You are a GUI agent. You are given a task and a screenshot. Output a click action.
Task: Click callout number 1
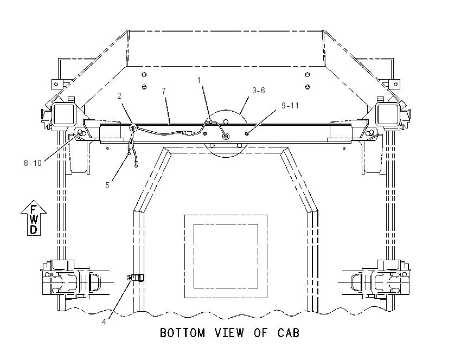coord(199,80)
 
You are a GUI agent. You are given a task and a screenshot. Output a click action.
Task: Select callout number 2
coord(119,96)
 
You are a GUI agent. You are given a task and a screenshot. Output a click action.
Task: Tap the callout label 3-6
coord(258,90)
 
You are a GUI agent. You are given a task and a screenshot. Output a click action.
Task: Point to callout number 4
coord(104,322)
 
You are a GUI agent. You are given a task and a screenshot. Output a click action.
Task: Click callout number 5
coord(107,185)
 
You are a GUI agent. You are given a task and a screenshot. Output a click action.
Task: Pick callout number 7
coord(164,91)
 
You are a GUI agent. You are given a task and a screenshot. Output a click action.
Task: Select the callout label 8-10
coord(33,163)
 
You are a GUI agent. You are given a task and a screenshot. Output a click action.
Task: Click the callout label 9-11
coord(290,106)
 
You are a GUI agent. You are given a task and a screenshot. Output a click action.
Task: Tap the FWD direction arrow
coord(34,218)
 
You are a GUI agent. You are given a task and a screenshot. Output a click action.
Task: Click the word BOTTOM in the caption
coord(182,333)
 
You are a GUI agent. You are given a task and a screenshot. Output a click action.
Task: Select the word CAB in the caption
coord(289,333)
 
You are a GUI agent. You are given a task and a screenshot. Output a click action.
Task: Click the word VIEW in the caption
coord(229,333)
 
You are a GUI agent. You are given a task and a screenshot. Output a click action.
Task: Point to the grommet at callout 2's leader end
coord(133,127)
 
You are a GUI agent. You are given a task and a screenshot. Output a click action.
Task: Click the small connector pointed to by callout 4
coord(136,277)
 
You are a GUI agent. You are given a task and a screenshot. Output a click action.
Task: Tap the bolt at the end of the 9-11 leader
coord(247,134)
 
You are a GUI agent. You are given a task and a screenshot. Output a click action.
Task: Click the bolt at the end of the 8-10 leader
coord(80,134)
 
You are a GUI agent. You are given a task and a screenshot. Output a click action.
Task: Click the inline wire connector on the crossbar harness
coord(188,133)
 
